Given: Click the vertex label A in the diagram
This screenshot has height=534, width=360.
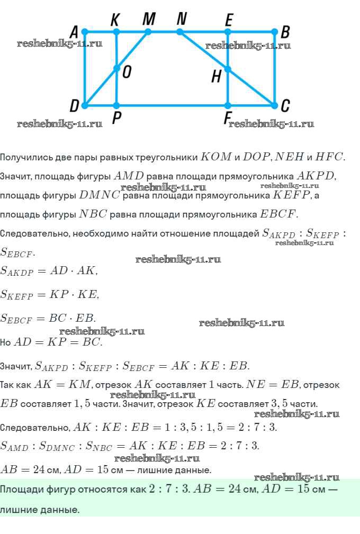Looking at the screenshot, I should point(75,32).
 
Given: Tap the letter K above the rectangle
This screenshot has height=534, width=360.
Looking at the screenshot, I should point(115,20).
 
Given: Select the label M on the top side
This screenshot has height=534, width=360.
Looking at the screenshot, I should point(149,19).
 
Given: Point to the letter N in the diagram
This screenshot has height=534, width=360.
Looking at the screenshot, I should point(182,19).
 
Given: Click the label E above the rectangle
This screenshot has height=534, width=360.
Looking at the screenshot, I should point(228,20).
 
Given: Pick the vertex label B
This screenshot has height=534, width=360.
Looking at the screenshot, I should point(285,32).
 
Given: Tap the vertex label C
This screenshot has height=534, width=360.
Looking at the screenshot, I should point(285,106).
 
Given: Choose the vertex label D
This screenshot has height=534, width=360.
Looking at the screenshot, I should point(75,106).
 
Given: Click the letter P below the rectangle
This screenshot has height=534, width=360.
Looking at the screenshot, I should point(116,120).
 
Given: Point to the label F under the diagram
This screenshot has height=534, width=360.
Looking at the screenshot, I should point(227,120).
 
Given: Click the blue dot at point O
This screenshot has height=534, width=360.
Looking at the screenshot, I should point(116,68).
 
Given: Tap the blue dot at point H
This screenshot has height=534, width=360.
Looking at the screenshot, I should point(228,69).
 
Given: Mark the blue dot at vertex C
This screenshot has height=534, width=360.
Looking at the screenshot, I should point(274,105).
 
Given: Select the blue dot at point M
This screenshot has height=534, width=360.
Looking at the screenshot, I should point(148,32).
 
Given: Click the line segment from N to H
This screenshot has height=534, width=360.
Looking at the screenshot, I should point(204,50).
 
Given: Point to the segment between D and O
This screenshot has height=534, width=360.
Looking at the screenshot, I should point(101,87).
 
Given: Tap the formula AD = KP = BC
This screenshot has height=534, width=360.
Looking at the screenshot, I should point(58,342).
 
